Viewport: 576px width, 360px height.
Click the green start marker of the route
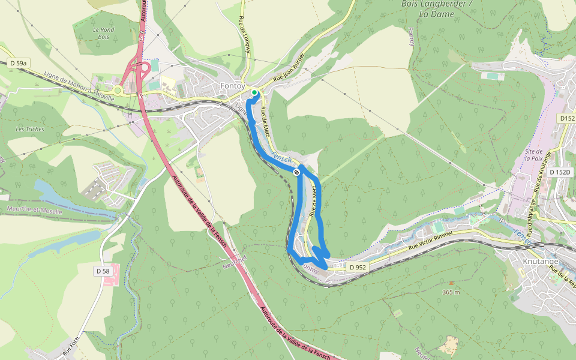pos(254,92)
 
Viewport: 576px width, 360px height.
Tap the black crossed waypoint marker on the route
pos(296,172)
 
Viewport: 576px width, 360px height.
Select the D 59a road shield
pos(19,62)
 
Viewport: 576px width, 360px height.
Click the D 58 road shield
pos(103,271)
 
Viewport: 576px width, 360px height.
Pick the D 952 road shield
pos(356,267)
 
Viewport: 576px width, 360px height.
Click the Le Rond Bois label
pos(103,32)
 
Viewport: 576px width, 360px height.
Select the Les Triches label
pos(29,129)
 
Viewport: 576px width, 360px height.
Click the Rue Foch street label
pos(70,347)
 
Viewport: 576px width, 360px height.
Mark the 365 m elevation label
pos(451,292)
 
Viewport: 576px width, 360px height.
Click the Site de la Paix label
pos(533,155)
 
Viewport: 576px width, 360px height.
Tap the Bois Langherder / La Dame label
pos(436,8)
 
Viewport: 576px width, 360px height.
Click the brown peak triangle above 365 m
pos(451,283)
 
